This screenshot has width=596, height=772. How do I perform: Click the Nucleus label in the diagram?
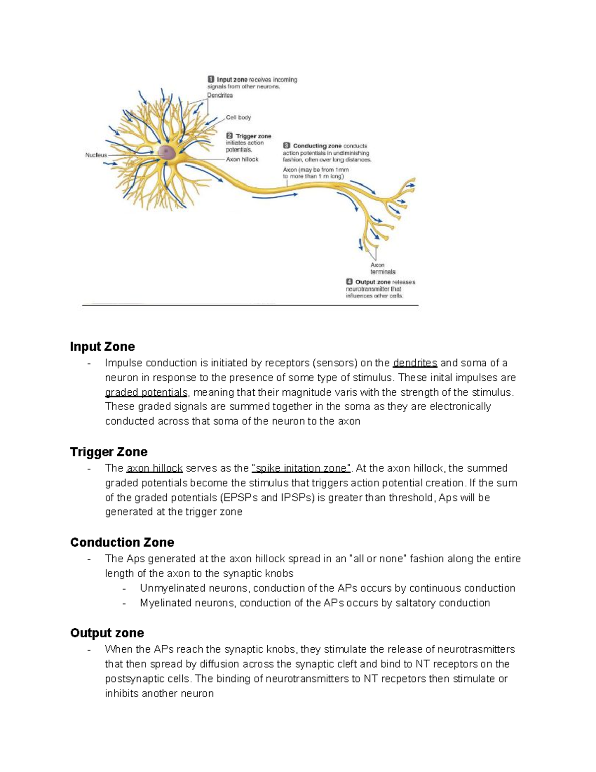[96, 155]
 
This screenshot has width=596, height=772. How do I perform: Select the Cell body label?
[238, 118]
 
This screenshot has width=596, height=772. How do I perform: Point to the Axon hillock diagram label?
[242, 160]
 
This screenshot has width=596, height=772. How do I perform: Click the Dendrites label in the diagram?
[220, 95]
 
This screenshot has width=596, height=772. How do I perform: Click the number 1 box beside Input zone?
[211, 79]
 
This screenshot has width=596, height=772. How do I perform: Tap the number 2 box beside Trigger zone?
[229, 136]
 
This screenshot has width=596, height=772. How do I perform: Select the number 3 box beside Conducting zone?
[287, 146]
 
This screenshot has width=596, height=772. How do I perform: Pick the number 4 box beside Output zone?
[350, 282]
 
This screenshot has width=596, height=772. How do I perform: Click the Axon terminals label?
[382, 268]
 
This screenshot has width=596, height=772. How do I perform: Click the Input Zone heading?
[102, 346]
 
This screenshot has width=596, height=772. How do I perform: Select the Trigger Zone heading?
[109, 452]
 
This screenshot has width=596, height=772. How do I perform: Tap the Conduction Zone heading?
[122, 542]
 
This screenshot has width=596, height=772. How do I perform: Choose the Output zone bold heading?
[107, 633]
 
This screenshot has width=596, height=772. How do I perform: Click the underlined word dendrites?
[415, 363]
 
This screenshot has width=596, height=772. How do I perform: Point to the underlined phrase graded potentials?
[146, 392]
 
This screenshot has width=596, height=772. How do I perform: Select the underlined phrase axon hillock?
[154, 468]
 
